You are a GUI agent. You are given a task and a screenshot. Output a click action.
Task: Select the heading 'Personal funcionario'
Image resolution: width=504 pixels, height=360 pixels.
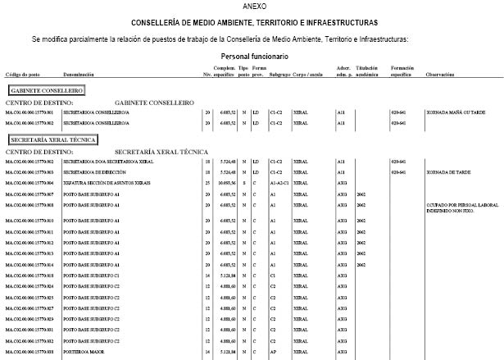click(x=255, y=56)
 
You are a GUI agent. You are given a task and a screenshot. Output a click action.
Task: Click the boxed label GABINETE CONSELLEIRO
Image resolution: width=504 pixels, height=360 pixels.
click(x=47, y=90)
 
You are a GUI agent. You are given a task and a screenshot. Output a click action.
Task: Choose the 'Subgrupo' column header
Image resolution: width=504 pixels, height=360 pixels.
click(x=280, y=75)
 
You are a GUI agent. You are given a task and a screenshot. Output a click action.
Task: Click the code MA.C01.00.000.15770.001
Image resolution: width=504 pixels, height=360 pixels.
click(x=29, y=112)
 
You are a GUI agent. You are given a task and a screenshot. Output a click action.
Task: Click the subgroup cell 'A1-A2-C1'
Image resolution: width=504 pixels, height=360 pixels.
click(x=279, y=184)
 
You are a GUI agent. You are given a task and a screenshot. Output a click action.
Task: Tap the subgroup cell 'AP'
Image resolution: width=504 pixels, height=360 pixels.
click(x=273, y=351)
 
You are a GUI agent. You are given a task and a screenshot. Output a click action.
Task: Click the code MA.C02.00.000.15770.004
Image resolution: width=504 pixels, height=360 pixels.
click(x=29, y=184)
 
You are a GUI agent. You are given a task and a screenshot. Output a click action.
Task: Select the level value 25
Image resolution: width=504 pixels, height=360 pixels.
click(x=207, y=184)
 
